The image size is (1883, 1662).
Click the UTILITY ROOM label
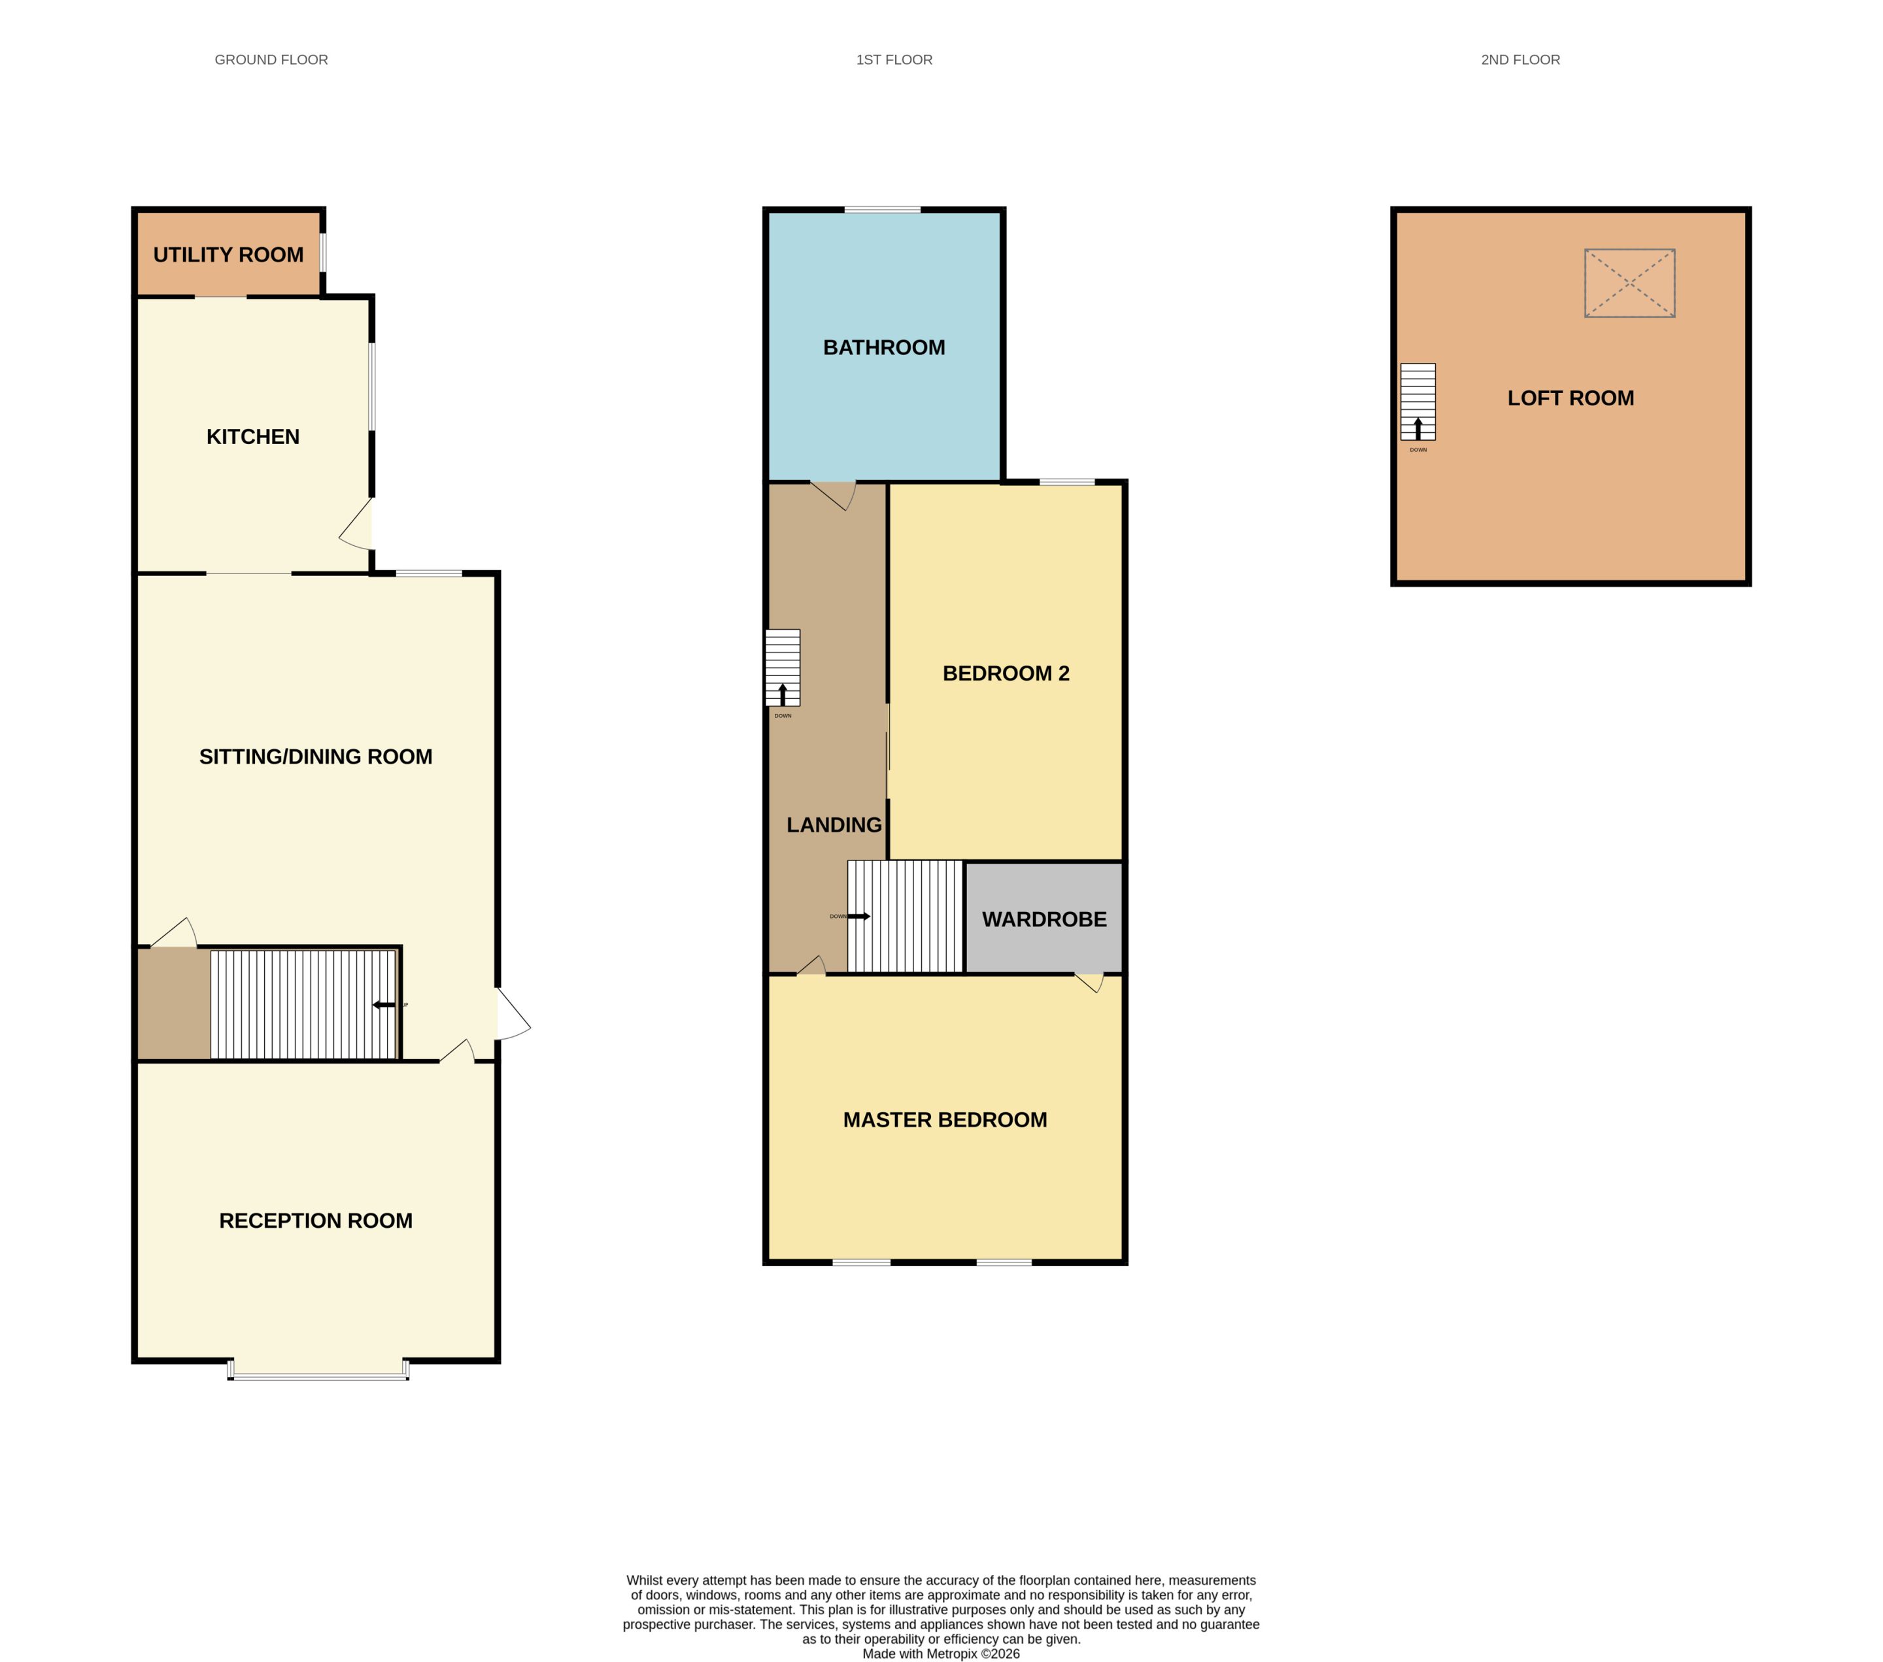pyautogui.click(x=228, y=255)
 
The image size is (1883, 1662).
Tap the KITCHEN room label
pyautogui.click(x=253, y=437)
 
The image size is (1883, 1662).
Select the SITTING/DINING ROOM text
pyautogui.click(x=316, y=756)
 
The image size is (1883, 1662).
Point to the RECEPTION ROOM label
pyautogui.click(x=316, y=1221)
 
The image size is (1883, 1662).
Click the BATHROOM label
pyautogui.click(x=885, y=347)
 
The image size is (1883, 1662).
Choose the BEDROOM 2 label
pyautogui.click(x=1006, y=673)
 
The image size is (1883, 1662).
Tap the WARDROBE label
pyautogui.click(x=1045, y=919)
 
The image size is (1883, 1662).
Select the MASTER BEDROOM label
pyautogui.click(x=945, y=1120)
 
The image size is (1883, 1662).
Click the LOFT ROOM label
pyautogui.click(x=1570, y=398)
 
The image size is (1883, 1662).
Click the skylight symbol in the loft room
pyautogui.click(x=1630, y=283)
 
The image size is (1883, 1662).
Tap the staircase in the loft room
pyautogui.click(x=1417, y=401)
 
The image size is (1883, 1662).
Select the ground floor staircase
pyautogui.click(x=304, y=1005)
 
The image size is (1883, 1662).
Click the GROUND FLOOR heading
pyautogui.click(x=272, y=60)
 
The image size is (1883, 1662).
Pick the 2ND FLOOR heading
pyautogui.click(x=1521, y=60)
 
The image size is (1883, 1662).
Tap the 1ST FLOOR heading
pyautogui.click(x=894, y=60)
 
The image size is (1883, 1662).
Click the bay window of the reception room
pyautogui.click(x=318, y=1370)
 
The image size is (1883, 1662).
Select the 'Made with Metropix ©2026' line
pyautogui.click(x=941, y=1654)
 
